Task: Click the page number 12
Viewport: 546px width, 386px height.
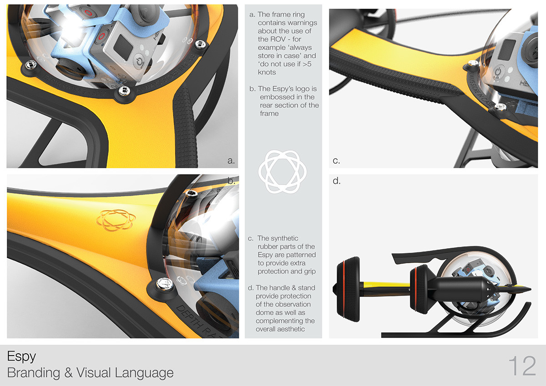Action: (x=522, y=366)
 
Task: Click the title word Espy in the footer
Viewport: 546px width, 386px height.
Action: (x=21, y=356)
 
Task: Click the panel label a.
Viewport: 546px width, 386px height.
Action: (x=231, y=160)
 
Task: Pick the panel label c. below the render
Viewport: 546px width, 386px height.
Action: (x=336, y=160)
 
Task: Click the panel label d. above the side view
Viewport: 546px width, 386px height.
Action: (x=336, y=181)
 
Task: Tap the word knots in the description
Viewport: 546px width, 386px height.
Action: (x=267, y=72)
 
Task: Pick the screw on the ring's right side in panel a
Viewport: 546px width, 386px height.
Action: (x=199, y=45)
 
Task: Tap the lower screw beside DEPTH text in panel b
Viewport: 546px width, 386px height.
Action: (x=162, y=285)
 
